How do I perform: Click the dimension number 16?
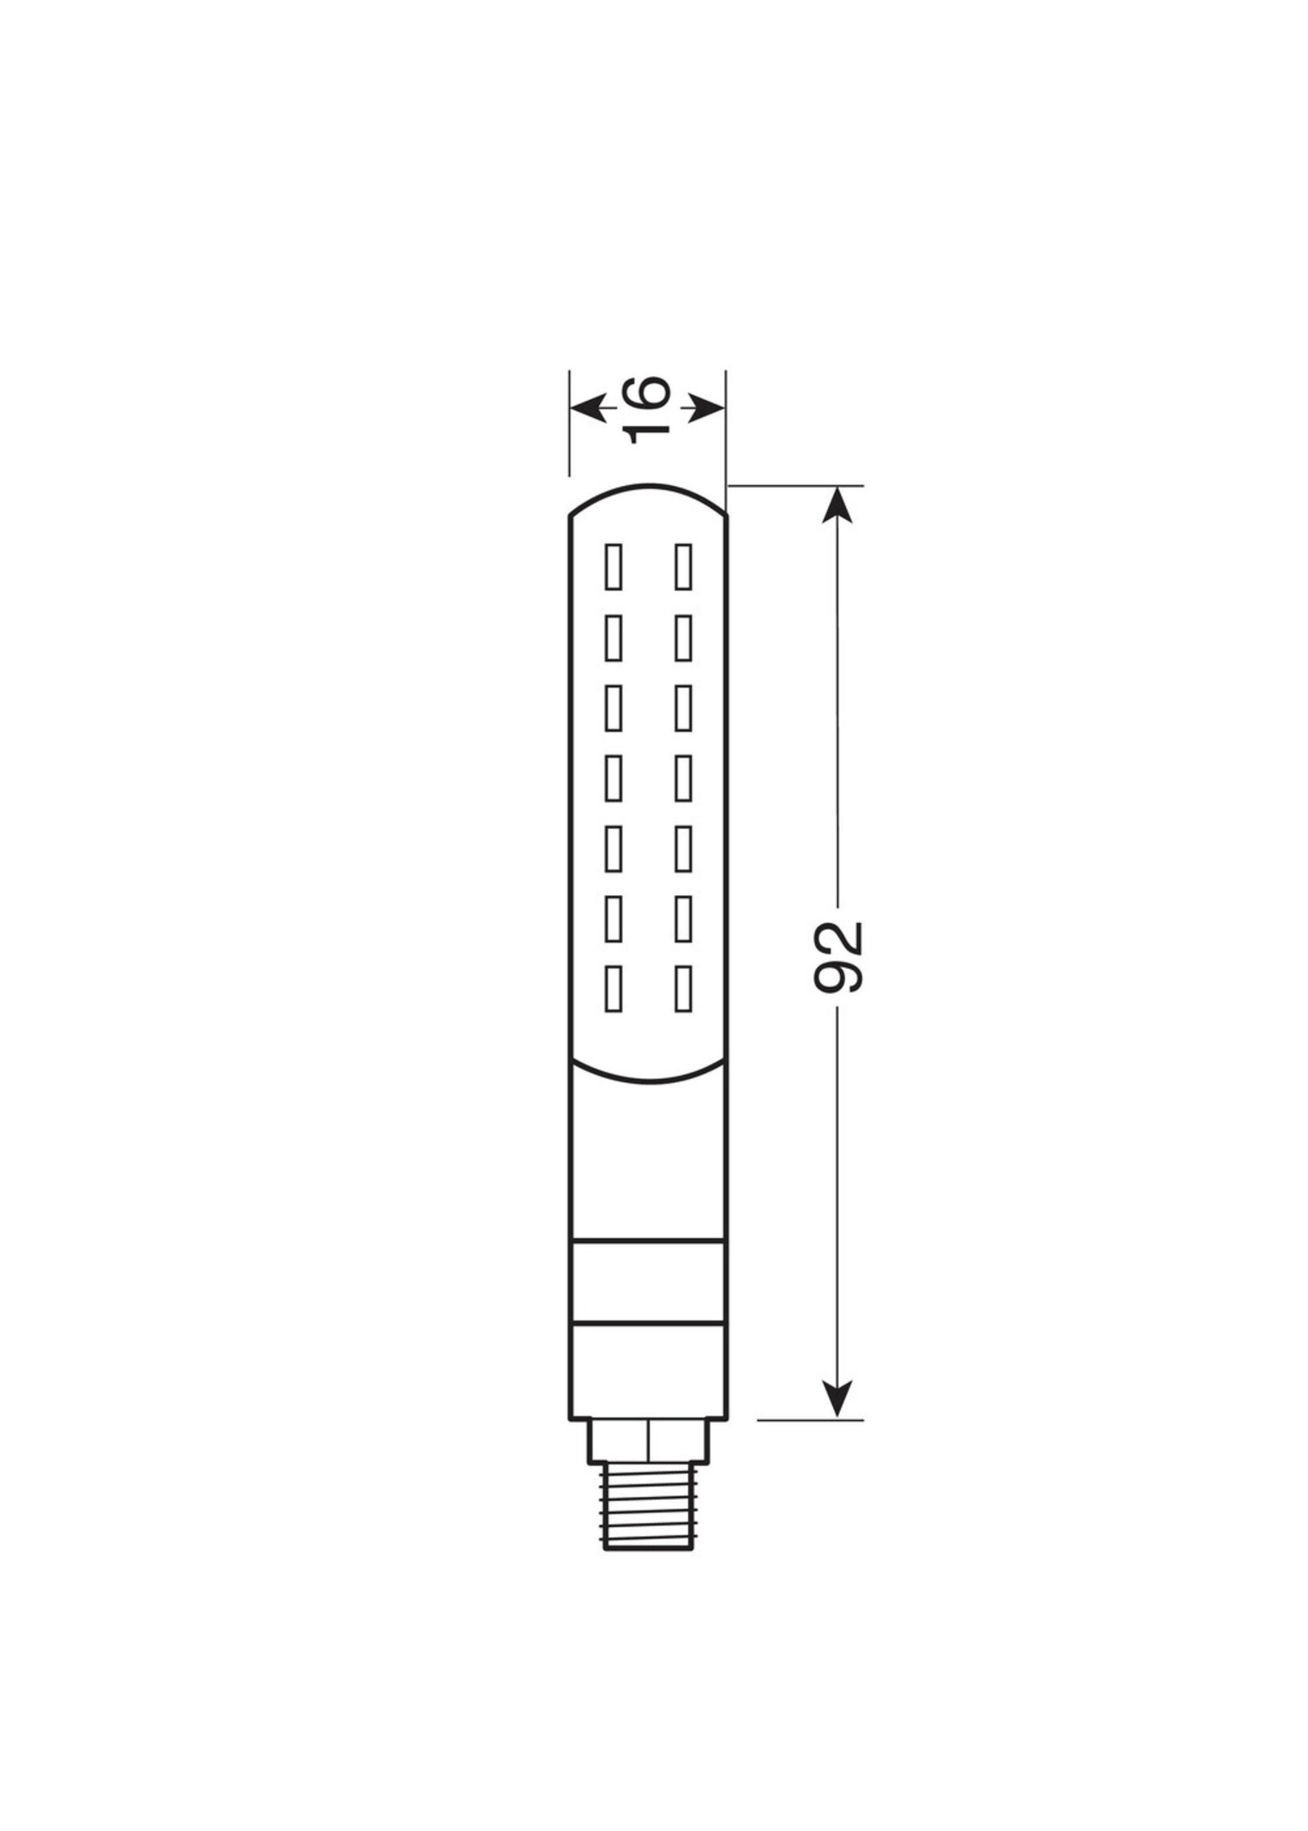pos(648,409)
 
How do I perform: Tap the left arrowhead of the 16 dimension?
pos(588,408)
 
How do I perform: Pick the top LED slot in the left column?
pos(614,567)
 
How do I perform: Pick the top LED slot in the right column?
pos(683,567)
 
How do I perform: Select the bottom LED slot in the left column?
pos(614,989)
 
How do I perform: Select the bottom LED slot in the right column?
pos(683,989)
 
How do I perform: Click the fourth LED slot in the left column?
pos(614,778)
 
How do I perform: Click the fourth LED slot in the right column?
pos(683,778)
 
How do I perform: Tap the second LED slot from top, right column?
pos(683,638)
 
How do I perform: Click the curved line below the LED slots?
pos(648,1080)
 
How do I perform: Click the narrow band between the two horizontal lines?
pos(648,1293)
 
